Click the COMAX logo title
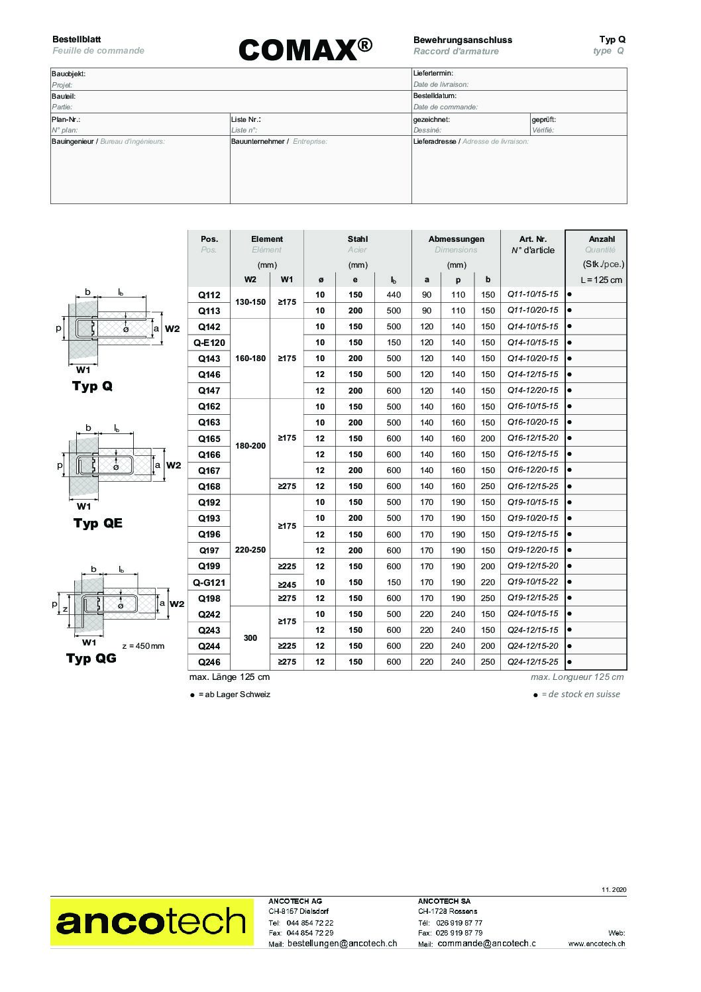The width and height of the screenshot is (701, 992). click(304, 49)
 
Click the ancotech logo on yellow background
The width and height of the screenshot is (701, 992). click(152, 922)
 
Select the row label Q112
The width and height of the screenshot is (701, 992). click(209, 295)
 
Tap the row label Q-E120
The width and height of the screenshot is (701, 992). click(209, 343)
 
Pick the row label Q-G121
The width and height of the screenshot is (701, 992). click(209, 582)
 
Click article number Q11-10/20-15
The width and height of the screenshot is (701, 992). click(533, 310)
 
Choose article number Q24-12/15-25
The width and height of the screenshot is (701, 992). click(533, 662)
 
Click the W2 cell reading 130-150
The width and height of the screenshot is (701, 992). click(250, 302)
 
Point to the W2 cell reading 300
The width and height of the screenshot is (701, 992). click(250, 637)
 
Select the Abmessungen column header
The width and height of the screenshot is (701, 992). click(456, 239)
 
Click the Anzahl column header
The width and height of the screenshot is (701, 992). click(601, 239)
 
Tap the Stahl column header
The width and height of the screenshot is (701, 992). click(357, 239)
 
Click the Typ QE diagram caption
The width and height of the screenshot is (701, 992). click(97, 524)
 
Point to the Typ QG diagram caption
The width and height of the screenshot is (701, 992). click(91, 659)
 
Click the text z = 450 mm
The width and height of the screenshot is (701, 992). click(143, 646)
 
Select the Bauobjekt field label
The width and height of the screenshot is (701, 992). click(69, 74)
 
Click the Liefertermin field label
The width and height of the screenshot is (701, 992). click(433, 74)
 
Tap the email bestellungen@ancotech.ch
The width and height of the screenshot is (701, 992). click(342, 943)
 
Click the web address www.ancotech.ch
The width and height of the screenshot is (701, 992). click(596, 944)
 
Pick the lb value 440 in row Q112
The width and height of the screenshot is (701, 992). click(394, 295)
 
